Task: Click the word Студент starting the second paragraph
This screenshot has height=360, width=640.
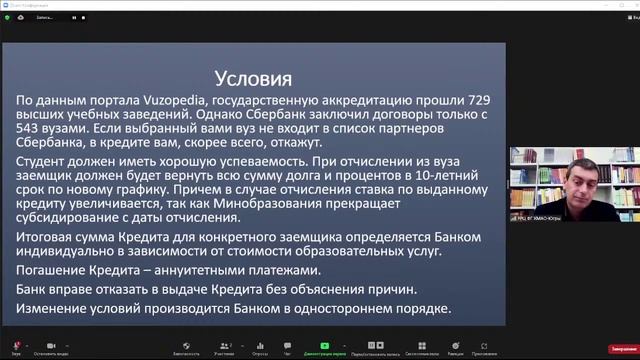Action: tap(49, 162)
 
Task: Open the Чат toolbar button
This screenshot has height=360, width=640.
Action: tap(288, 347)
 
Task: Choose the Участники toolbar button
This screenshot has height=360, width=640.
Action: tap(222, 347)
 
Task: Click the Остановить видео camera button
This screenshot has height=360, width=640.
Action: tap(51, 347)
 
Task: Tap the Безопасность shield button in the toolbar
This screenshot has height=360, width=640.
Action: tap(185, 347)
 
